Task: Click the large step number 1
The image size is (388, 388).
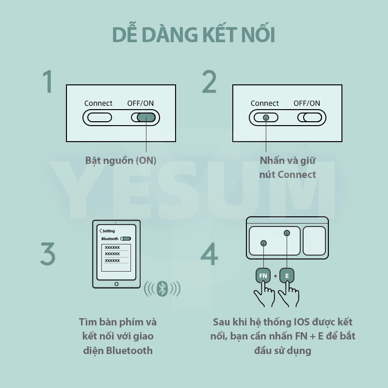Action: click(x=48, y=81)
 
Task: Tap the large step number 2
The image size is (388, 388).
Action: click(x=210, y=81)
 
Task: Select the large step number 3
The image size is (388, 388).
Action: click(x=48, y=254)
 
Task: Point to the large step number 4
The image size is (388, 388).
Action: click(x=210, y=254)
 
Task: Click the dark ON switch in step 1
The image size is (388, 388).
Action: click(x=146, y=117)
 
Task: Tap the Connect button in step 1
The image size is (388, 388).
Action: click(x=99, y=117)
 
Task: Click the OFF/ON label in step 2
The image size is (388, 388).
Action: click(x=307, y=103)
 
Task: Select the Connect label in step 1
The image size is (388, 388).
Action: click(x=98, y=103)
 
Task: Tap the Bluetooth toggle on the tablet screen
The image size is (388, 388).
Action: click(x=126, y=239)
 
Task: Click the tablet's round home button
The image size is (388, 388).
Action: click(x=116, y=284)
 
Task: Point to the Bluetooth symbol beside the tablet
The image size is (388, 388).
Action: click(x=162, y=289)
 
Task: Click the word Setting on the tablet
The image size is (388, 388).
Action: click(x=109, y=231)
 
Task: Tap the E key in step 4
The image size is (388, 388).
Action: click(x=287, y=275)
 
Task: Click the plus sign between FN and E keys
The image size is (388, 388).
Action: click(x=275, y=275)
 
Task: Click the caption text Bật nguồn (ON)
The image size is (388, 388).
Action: click(x=121, y=161)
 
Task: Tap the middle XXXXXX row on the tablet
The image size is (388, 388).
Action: click(x=112, y=254)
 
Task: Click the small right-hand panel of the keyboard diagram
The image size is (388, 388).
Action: click(x=314, y=241)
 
